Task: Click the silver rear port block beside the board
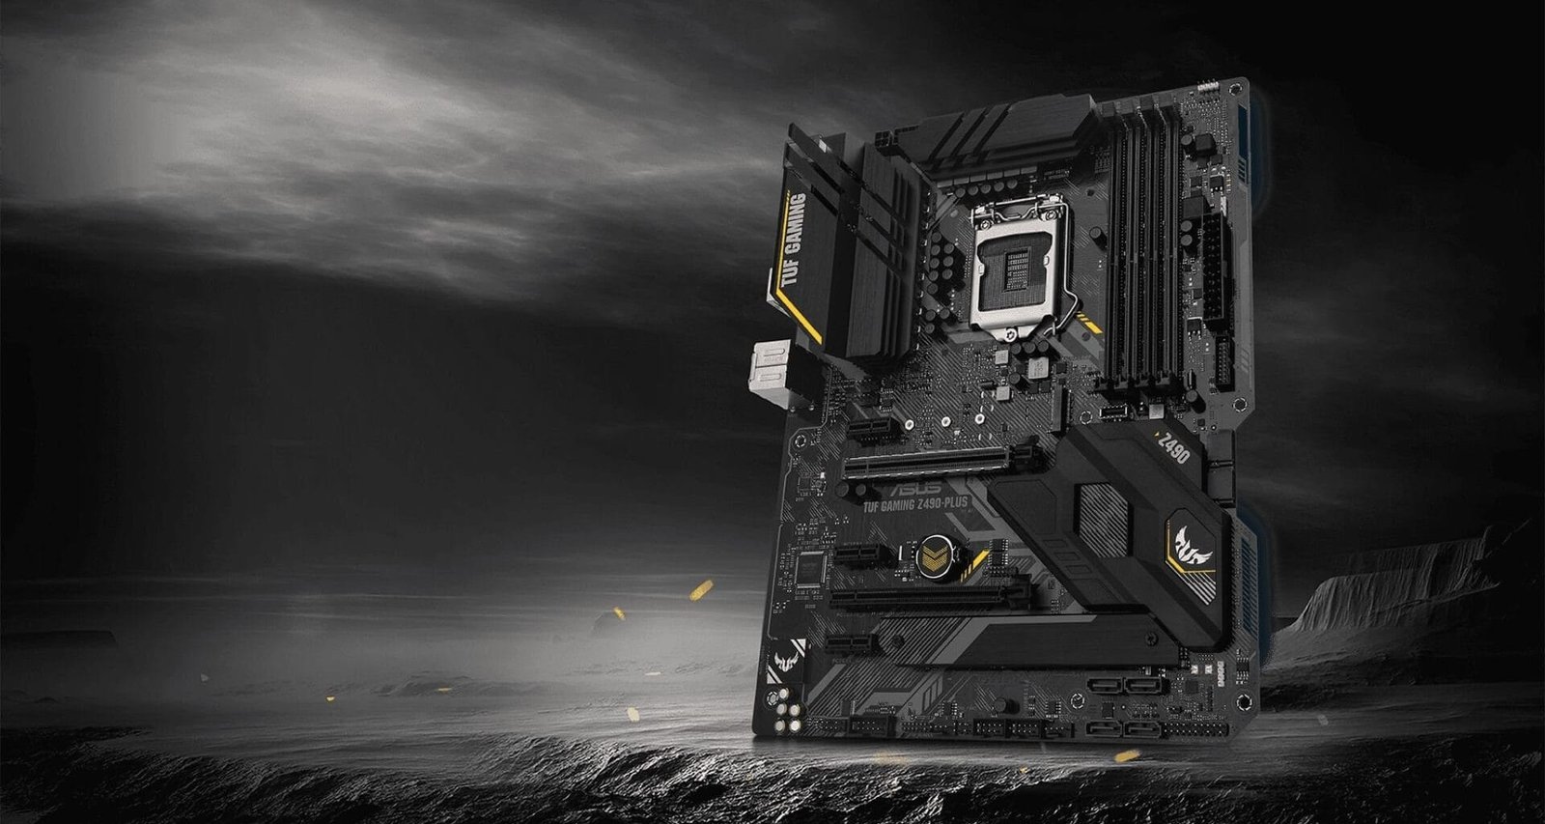[x=770, y=371]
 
